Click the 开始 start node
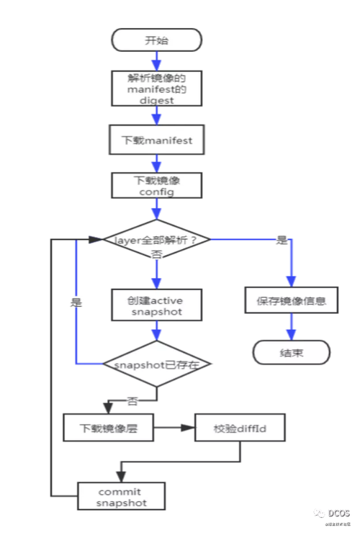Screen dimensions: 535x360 pos(156,40)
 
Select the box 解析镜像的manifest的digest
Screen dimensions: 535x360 pos(156,88)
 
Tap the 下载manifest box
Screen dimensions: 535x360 pos(156,140)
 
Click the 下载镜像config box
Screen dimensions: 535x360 pos(156,185)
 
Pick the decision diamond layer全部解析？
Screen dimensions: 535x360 pos(156,240)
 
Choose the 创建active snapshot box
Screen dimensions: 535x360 pos(156,305)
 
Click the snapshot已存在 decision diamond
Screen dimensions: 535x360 pos(156,364)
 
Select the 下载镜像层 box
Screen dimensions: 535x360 pos(109,428)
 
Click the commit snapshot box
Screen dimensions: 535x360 pos(122,496)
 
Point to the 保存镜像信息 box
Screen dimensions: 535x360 pos(292,301)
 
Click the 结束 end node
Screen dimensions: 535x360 pos(292,353)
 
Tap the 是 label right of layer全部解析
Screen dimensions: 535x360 pos(282,240)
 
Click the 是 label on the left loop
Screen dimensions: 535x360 pos(76,303)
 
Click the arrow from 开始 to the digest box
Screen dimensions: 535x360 pos(156,61)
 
